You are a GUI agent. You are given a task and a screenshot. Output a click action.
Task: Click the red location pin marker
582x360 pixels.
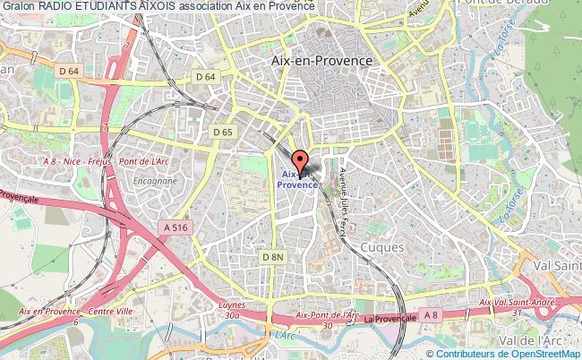300,154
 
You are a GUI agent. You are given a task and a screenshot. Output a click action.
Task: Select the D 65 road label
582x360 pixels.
223,132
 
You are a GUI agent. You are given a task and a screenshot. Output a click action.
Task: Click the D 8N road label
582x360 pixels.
272,257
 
